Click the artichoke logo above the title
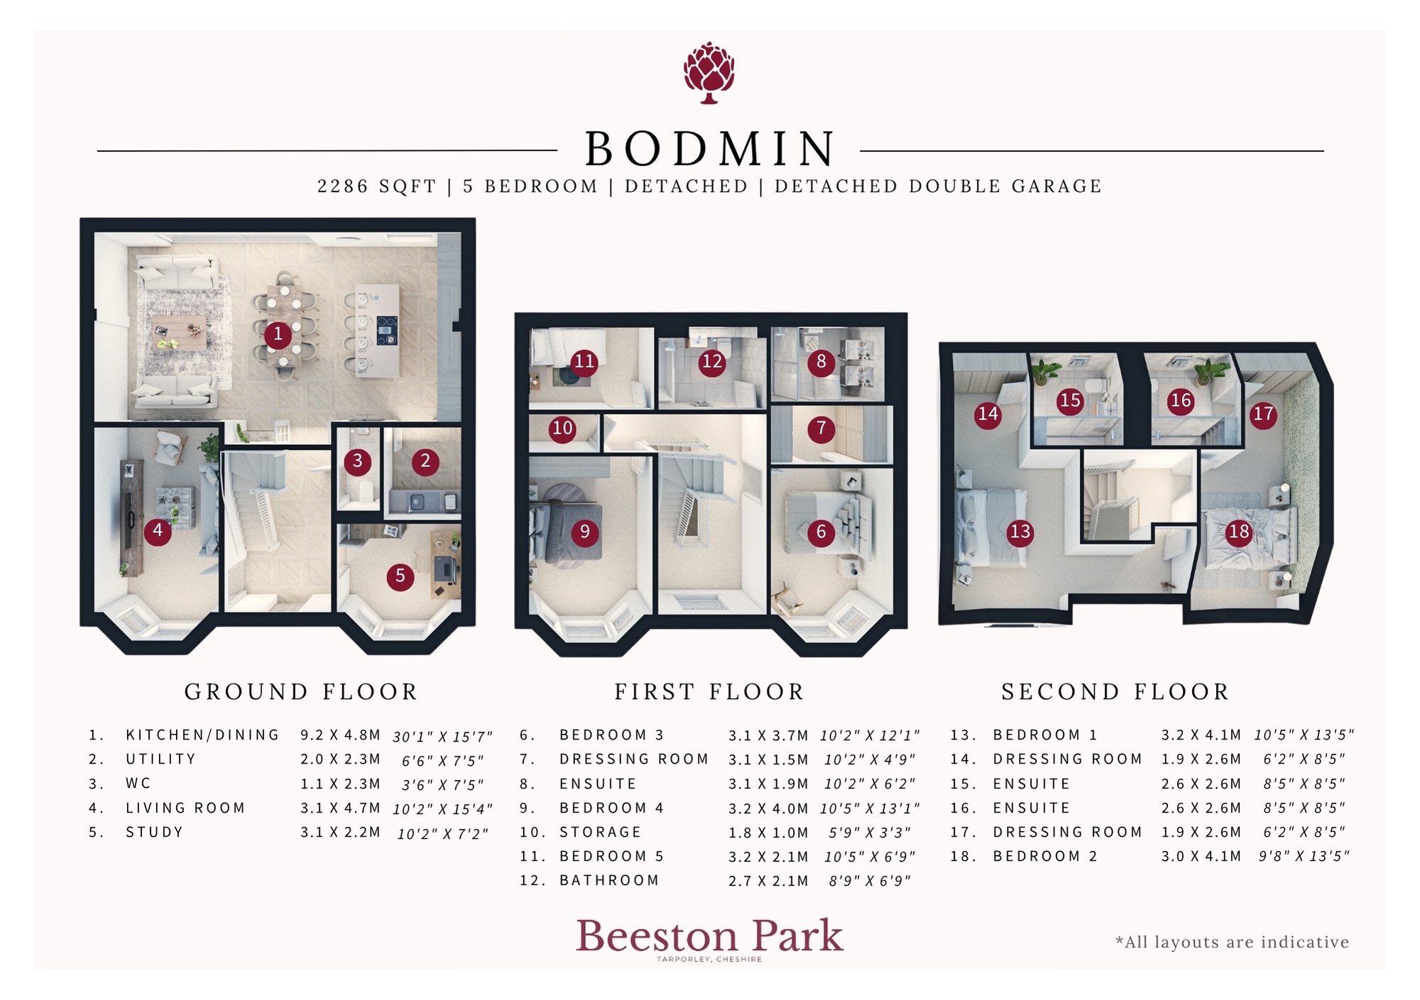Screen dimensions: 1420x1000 [x=709, y=73]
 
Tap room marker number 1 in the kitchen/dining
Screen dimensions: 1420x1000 [x=278, y=334]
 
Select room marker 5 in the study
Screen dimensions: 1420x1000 [x=400, y=576]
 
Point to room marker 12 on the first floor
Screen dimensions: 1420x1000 [x=711, y=363]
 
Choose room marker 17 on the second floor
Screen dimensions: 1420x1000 [x=1263, y=414]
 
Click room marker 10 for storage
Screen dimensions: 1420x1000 [x=562, y=429]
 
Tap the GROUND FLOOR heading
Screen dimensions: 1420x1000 [x=301, y=692]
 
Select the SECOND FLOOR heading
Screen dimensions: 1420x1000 [x=1115, y=692]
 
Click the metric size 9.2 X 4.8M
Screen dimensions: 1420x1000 [x=340, y=735]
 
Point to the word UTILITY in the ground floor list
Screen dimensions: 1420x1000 [x=160, y=759]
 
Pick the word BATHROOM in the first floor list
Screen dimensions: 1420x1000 [x=609, y=881]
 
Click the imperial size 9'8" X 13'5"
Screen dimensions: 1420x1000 [x=1304, y=857]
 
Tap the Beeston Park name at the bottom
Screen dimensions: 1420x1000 [x=709, y=936]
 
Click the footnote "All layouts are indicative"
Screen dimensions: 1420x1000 [x=1233, y=943]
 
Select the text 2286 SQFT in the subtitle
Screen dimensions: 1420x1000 [x=376, y=187]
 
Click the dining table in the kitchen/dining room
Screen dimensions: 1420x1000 [x=284, y=326]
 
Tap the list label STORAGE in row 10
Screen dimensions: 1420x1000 [x=600, y=833]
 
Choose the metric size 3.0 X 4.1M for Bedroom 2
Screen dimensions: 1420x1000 [x=1201, y=857]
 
